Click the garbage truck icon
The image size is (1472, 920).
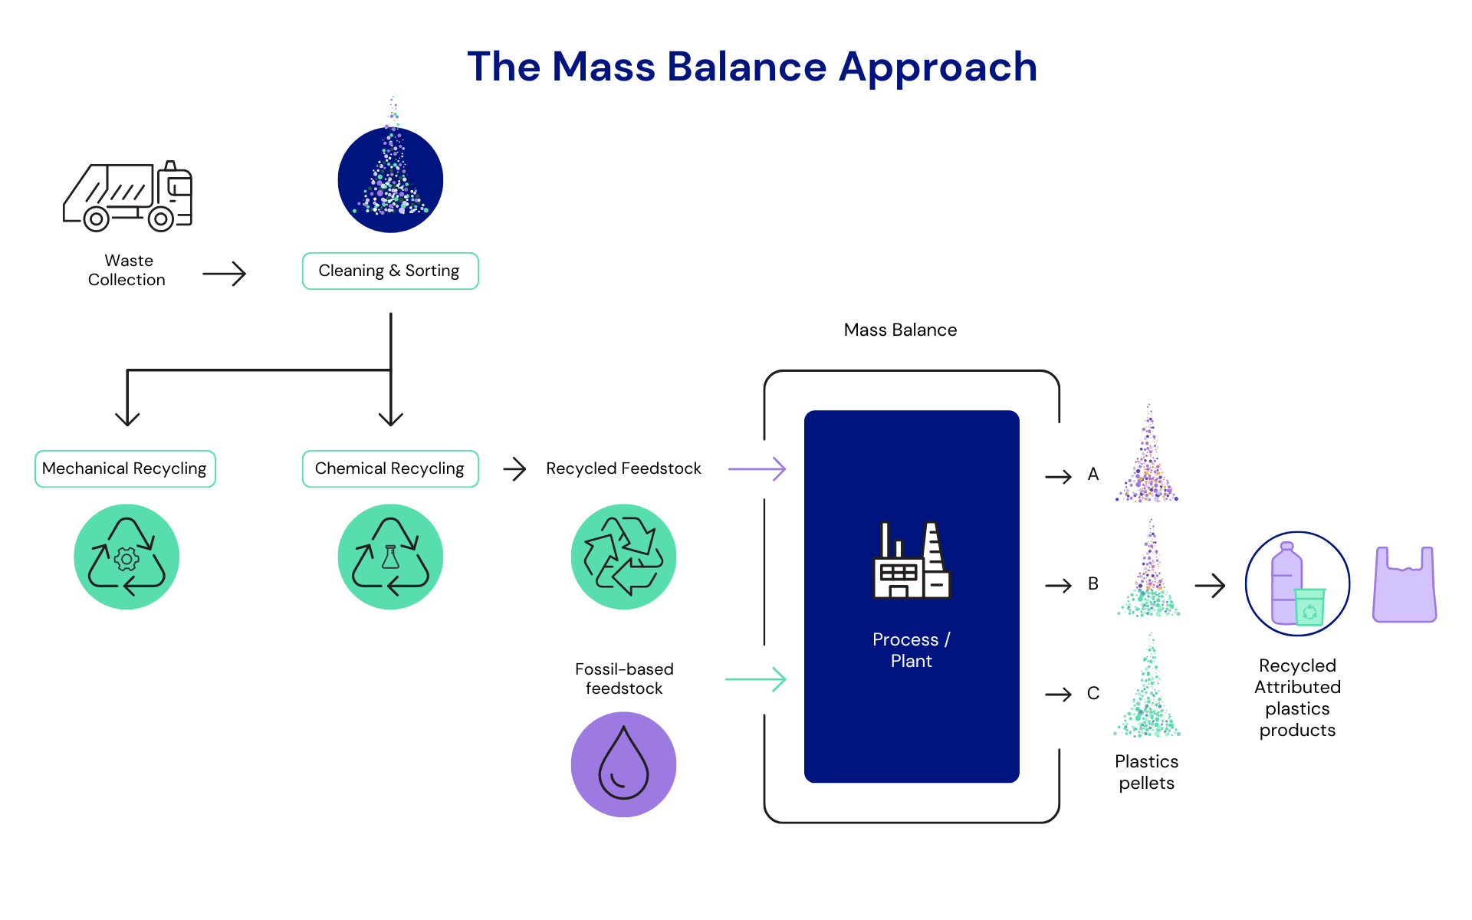point(127,196)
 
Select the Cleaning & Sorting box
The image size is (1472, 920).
point(390,271)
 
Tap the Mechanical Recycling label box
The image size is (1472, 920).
point(125,468)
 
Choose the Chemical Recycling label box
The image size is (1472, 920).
point(390,468)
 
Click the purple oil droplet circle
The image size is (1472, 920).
point(623,764)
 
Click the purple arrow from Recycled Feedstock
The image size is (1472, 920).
point(757,468)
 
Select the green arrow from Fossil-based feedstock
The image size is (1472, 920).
point(755,678)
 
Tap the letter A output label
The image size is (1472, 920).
point(1093,475)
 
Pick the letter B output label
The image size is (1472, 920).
point(1093,584)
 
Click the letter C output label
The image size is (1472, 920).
point(1093,694)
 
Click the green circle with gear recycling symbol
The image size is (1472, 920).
point(127,557)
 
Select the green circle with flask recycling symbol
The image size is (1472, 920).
point(390,557)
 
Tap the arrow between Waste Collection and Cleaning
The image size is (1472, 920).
point(224,274)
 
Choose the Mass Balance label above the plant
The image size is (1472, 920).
point(900,330)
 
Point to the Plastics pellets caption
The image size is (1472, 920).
point(1146,772)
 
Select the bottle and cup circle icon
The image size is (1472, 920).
point(1297,584)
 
